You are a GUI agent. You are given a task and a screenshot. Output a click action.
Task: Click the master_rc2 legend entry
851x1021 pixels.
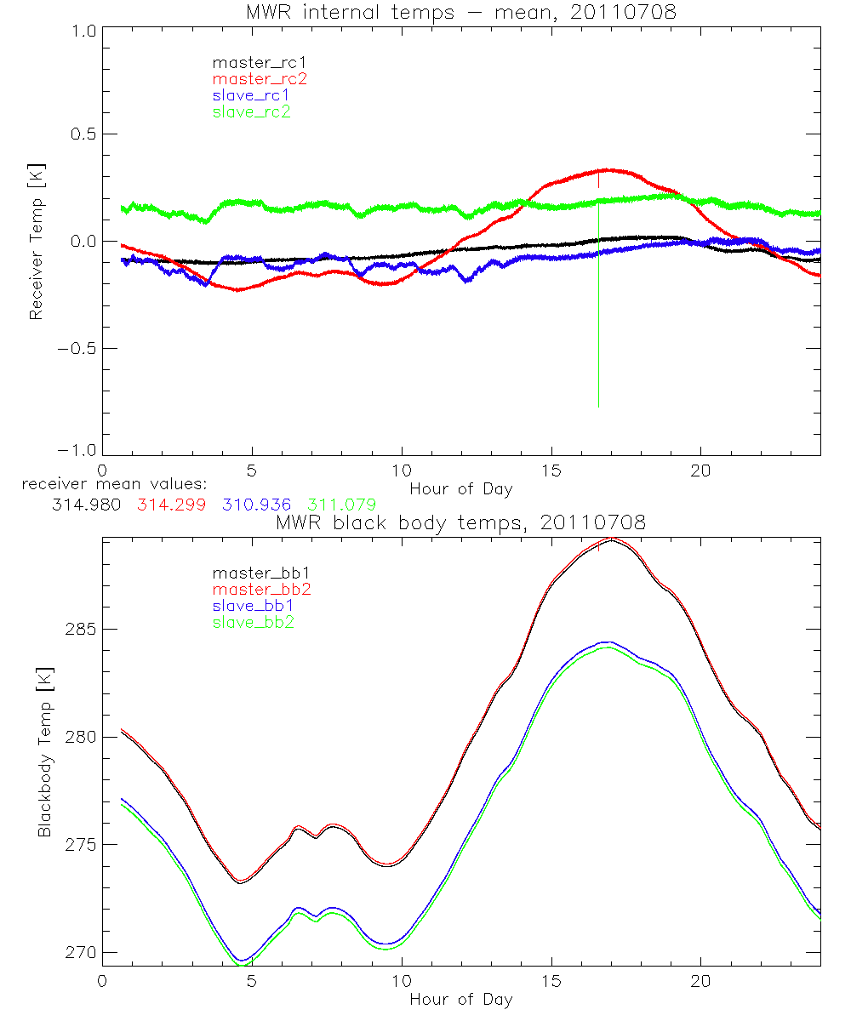tap(260, 79)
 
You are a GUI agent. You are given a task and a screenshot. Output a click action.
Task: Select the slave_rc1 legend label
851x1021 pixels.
tap(251, 95)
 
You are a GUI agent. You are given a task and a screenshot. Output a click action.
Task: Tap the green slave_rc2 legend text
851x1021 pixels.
tap(251, 111)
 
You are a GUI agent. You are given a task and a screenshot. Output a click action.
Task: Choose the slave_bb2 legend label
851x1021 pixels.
tap(253, 623)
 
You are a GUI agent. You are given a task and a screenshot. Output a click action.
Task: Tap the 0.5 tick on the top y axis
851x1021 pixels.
tap(82, 134)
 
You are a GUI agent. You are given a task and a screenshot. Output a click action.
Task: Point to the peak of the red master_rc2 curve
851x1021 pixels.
tap(607, 169)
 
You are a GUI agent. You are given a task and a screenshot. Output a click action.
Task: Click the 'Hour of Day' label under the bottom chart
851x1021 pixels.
tap(460, 999)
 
